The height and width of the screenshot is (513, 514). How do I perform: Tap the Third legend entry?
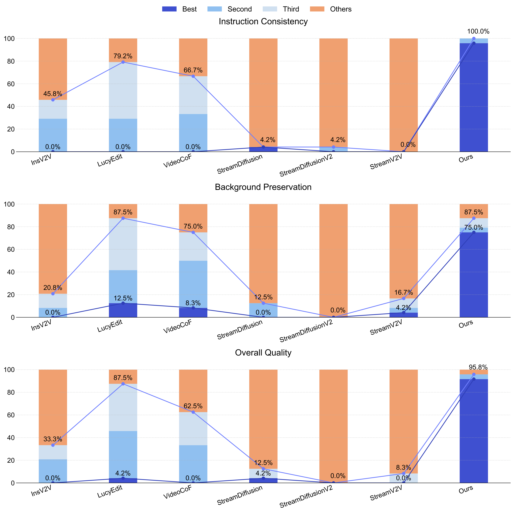click(281, 9)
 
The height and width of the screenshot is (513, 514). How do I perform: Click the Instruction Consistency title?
click(263, 21)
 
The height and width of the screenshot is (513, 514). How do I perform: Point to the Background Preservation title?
click(263, 187)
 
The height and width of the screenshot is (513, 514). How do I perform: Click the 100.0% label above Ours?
click(478, 31)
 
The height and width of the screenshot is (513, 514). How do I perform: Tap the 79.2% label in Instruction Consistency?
click(123, 56)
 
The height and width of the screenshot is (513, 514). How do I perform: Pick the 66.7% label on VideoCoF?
click(193, 70)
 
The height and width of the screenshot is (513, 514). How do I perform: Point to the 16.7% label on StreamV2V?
click(404, 293)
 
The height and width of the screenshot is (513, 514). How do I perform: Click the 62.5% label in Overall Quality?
click(193, 406)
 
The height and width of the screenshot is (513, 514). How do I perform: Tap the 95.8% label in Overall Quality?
click(478, 368)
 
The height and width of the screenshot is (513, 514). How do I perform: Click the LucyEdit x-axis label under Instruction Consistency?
click(110, 161)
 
